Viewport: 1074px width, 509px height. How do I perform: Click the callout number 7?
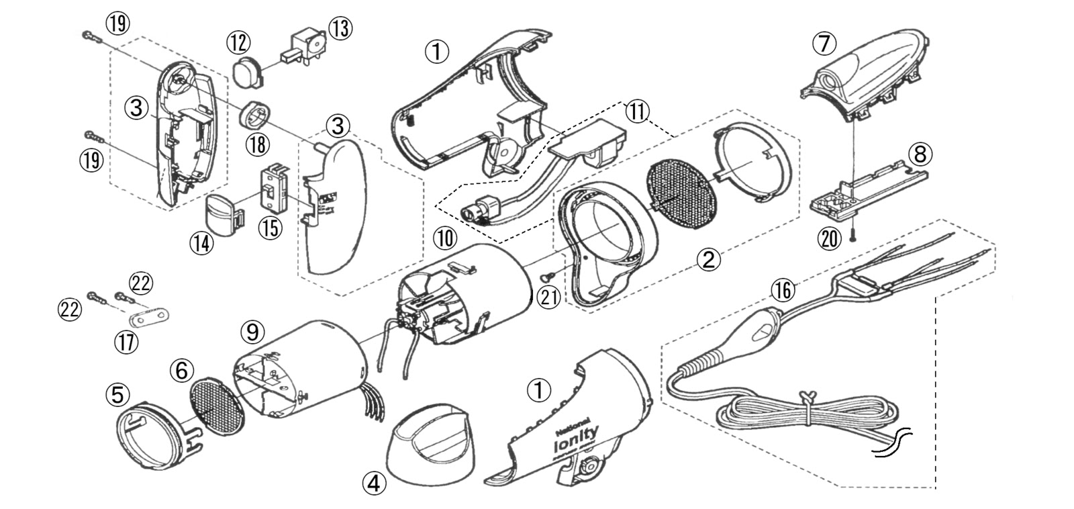pos(824,44)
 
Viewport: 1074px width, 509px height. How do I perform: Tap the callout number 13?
pos(339,28)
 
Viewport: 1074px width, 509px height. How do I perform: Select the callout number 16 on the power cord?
pos(781,291)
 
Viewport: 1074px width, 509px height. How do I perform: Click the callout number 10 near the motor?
pos(444,237)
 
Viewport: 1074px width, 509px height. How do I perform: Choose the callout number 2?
pos(710,259)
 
